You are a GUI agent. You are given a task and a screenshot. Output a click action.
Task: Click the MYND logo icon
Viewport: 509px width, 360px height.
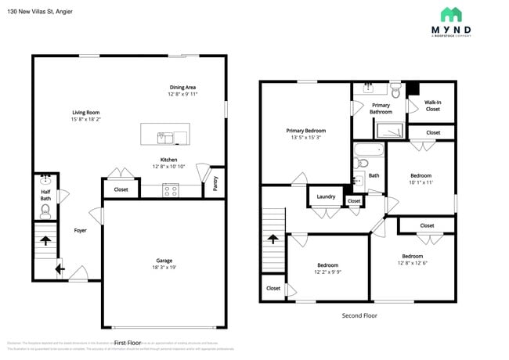450,14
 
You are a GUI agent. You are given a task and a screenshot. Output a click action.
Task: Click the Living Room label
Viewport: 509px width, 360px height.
86,113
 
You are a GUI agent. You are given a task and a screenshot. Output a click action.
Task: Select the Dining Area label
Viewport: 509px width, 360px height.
182,87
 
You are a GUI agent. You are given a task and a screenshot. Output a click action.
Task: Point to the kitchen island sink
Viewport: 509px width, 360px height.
166,138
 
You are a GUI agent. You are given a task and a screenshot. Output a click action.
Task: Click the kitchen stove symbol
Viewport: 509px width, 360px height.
170,189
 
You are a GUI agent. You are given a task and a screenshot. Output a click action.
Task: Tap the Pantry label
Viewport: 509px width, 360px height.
216,183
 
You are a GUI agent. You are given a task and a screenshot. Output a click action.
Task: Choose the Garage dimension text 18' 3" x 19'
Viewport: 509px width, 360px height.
164,268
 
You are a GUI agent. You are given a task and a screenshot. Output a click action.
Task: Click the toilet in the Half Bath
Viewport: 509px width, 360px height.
45,210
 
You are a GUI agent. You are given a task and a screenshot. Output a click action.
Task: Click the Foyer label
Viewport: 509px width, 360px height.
81,230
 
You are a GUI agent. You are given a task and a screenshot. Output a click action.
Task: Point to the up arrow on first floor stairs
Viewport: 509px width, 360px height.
45,242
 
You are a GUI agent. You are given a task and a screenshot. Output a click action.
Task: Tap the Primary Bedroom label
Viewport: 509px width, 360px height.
305,131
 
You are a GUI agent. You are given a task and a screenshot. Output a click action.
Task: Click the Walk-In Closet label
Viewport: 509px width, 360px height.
432,106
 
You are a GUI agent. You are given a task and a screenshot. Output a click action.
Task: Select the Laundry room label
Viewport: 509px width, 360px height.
326,196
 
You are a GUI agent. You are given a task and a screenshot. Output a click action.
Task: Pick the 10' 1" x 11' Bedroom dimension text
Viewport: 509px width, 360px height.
421,182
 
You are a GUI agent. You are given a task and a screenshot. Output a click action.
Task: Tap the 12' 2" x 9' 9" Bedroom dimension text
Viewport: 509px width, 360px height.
327,272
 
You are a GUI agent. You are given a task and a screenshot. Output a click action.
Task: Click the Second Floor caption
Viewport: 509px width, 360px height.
359,315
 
